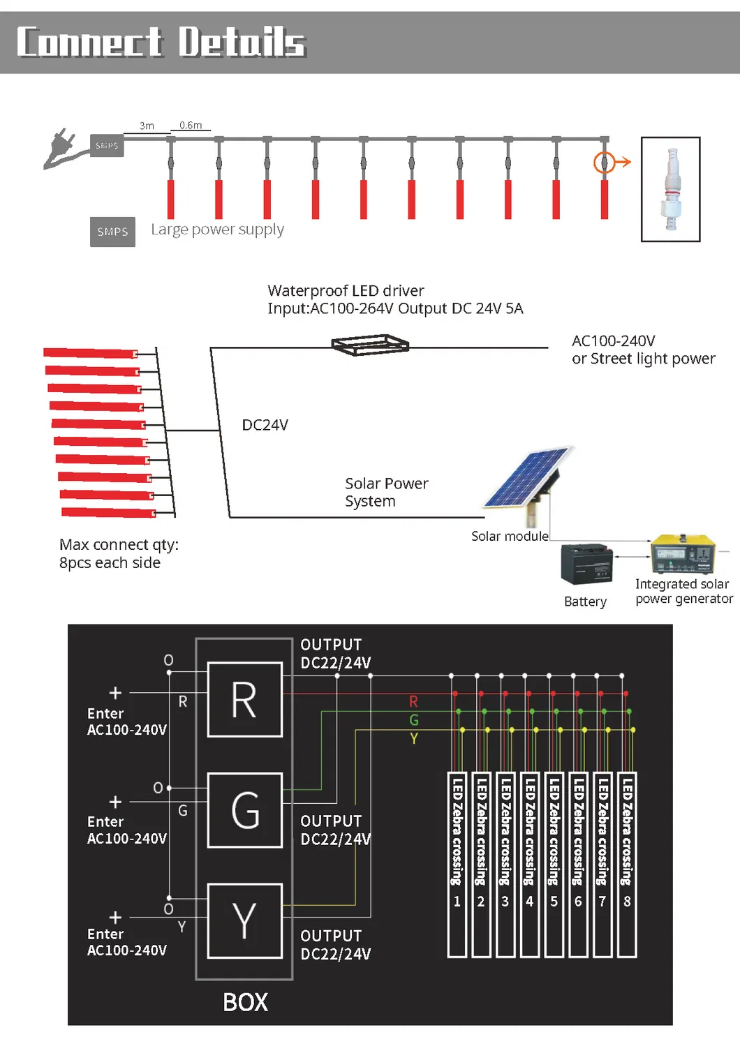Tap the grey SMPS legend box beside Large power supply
pos(112,232)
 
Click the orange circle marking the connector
pos(604,163)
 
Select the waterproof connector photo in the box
pos(671,189)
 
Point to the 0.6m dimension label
pos(191,126)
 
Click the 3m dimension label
pos(147,126)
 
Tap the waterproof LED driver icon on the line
pos(370,345)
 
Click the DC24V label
pos(265,425)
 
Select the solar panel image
pos(529,481)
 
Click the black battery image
pos(586,564)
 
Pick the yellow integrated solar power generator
pos(683,554)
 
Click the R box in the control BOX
pos(245,700)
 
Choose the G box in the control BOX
pos(245,810)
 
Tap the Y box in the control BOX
pos(245,920)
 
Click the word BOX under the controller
pos(245,1002)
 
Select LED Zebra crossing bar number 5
pos(554,864)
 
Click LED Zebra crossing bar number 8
pos(627,864)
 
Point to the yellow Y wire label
pos(414,738)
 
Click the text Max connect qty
pos(119,544)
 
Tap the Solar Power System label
pos(386,492)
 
